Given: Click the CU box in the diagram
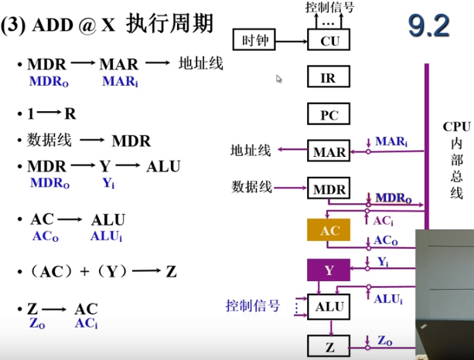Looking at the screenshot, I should tap(329, 40).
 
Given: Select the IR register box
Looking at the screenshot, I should tap(329, 78).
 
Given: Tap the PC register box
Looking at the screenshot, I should tap(329, 116).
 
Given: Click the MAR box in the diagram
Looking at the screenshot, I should tap(329, 152).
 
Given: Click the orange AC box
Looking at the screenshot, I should tap(329, 231).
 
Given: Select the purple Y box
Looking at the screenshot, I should tap(329, 270).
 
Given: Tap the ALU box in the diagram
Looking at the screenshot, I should tap(329, 307).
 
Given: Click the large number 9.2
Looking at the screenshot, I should tap(428, 26).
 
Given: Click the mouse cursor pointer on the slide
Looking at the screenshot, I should tap(279, 78).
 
